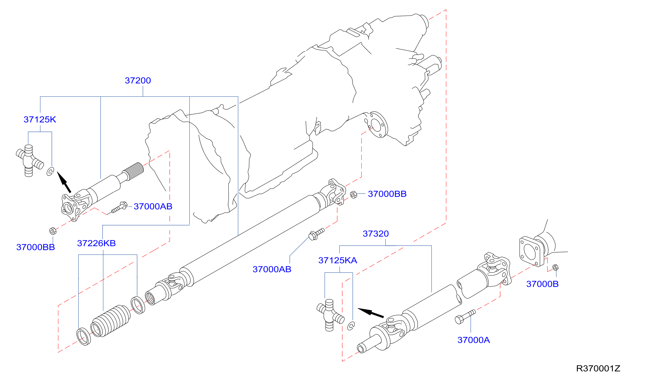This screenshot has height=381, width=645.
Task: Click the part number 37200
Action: click(x=138, y=81)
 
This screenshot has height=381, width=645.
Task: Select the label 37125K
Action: click(x=40, y=120)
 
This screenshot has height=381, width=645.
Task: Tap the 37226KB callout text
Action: click(x=96, y=243)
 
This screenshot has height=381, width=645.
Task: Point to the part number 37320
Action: click(x=376, y=234)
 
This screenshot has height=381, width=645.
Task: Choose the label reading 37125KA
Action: click(x=338, y=261)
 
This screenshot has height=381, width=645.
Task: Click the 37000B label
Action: click(x=542, y=284)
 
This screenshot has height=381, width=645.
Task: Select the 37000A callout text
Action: click(x=473, y=340)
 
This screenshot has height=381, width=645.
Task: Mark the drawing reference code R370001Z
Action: click(x=598, y=369)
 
